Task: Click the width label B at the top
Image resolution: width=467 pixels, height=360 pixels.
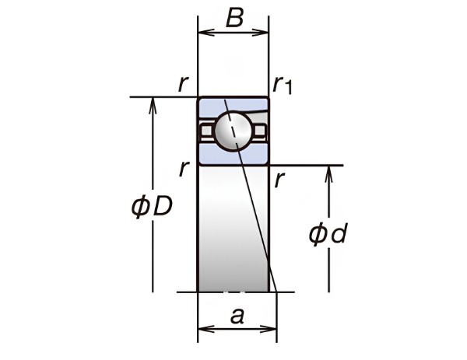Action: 235,18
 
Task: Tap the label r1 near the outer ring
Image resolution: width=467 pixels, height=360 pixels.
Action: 283,86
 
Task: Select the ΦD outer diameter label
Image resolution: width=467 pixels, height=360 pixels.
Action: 152,207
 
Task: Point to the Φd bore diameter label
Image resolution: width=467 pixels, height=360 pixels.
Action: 328,234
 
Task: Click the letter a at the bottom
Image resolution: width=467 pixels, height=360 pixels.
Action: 237,316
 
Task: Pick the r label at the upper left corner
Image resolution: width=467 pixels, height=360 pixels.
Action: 183,84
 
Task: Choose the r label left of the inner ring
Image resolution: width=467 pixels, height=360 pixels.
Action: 184,169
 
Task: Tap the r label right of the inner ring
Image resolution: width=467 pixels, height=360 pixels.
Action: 279,180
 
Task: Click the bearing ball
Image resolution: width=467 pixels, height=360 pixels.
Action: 233,131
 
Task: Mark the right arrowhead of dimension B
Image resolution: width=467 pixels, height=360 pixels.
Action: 261,32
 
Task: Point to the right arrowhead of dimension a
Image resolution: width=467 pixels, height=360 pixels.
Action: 269,329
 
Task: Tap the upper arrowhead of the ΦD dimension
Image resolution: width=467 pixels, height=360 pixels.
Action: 153,105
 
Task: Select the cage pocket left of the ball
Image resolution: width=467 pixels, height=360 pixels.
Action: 207,131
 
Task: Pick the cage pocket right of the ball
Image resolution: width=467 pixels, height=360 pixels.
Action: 260,131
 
